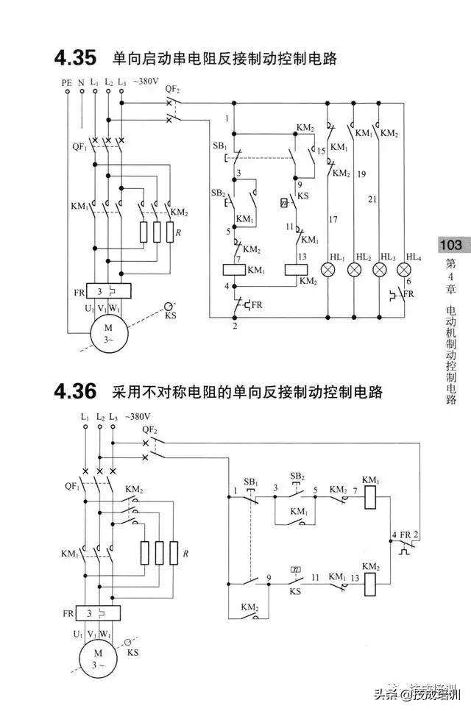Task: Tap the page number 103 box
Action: coord(450,245)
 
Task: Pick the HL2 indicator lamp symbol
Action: coord(357,268)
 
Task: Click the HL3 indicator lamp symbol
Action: coord(380,268)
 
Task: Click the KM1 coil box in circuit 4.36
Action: coord(372,498)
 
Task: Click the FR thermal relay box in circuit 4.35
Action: coord(109,291)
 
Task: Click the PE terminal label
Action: coord(67,83)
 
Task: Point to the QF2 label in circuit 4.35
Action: coord(172,88)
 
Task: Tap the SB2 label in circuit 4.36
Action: coord(297,476)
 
